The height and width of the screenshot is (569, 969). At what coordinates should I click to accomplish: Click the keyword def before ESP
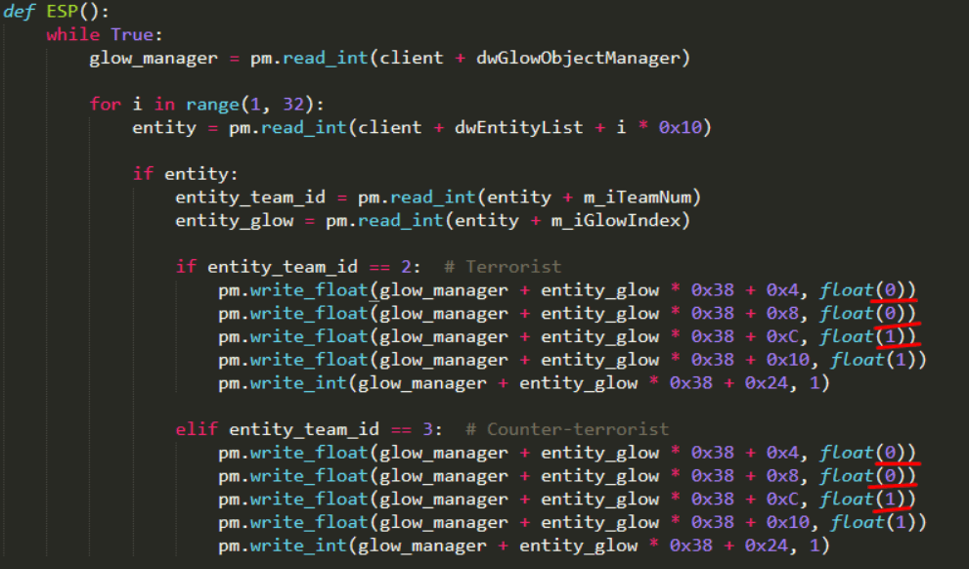click(x=20, y=12)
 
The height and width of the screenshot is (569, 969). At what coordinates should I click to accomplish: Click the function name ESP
click(x=63, y=12)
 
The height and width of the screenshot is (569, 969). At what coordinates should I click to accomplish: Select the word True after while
click(x=132, y=34)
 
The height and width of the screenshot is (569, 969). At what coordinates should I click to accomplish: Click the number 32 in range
click(x=293, y=105)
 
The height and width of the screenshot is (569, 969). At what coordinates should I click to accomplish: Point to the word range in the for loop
click(x=212, y=105)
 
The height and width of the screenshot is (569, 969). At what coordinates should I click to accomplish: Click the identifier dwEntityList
click(x=518, y=128)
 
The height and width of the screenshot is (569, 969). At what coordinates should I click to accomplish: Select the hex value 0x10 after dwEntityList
click(x=680, y=128)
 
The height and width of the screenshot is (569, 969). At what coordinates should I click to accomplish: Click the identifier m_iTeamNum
click(x=638, y=197)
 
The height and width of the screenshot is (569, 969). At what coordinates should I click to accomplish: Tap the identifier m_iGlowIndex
click(x=615, y=221)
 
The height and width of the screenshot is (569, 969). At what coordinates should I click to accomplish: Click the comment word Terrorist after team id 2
click(x=513, y=267)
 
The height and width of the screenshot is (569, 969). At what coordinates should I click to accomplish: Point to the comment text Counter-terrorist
click(x=578, y=429)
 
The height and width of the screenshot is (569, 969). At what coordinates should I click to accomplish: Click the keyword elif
click(x=197, y=429)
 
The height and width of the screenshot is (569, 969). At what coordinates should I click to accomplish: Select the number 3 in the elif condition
click(x=427, y=429)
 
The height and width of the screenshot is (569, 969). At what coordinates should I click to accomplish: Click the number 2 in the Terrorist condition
click(x=406, y=267)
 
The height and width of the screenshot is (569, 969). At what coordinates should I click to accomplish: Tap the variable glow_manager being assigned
click(x=154, y=59)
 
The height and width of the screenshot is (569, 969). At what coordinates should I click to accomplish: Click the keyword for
click(x=105, y=105)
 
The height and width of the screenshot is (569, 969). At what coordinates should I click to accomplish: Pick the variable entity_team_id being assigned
click(x=249, y=197)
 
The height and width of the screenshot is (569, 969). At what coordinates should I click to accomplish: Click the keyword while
click(x=73, y=34)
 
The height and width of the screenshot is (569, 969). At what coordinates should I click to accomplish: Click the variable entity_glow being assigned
click(x=235, y=221)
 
